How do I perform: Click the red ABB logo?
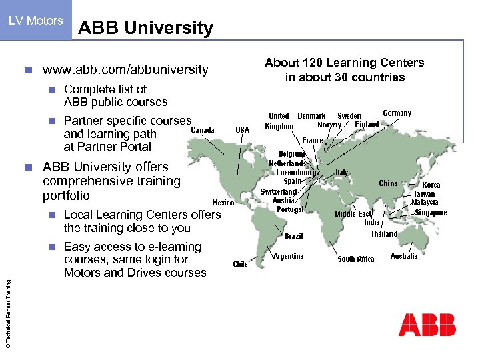(x=427, y=325)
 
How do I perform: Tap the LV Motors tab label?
(x=36, y=21)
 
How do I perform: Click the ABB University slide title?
(x=145, y=28)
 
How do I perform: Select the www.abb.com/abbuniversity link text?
(x=125, y=70)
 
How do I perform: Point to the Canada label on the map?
(x=203, y=130)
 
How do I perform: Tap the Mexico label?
(x=223, y=202)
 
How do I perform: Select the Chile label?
(x=240, y=265)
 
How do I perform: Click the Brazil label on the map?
(x=294, y=236)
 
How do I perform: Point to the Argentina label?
(x=289, y=256)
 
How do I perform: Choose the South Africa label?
(x=356, y=259)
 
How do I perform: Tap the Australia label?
(x=404, y=256)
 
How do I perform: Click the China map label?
(x=388, y=183)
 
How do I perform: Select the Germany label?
(x=397, y=113)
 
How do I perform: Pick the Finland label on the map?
(x=367, y=124)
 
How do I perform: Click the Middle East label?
(x=353, y=214)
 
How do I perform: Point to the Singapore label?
(x=431, y=213)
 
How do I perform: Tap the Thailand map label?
(x=384, y=234)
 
